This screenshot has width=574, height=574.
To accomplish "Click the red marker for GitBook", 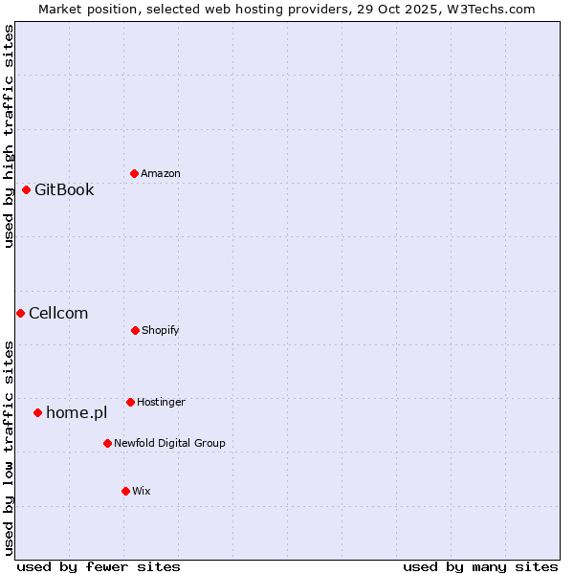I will [26, 189].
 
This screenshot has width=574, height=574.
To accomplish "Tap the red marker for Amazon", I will [134, 173].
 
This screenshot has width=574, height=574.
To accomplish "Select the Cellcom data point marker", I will [20, 313].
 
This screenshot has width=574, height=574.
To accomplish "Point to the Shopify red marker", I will [135, 330].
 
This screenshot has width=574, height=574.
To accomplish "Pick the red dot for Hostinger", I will [130, 402].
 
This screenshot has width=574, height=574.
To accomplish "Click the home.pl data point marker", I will [37, 412].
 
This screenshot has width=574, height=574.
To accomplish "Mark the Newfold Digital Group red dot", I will [107, 443].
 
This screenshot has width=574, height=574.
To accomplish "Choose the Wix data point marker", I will [125, 491].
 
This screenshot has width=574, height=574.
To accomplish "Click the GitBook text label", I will [64, 189].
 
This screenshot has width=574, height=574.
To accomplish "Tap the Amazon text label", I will [161, 173].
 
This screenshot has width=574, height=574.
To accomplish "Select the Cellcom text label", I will [58, 313].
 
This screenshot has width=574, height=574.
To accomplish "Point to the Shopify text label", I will [161, 330].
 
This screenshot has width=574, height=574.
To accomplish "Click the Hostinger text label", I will [161, 402].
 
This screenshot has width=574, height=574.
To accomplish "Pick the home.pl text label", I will [77, 412].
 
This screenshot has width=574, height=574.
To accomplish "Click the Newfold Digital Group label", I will [169, 443].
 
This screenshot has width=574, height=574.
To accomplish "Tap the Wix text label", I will [142, 491].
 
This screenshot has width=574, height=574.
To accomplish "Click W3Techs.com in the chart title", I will [490, 9].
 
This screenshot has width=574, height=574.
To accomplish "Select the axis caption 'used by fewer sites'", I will [99, 566].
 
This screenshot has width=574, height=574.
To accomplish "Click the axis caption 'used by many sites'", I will [480, 566].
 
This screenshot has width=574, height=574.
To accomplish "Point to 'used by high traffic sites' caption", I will [9, 136].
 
